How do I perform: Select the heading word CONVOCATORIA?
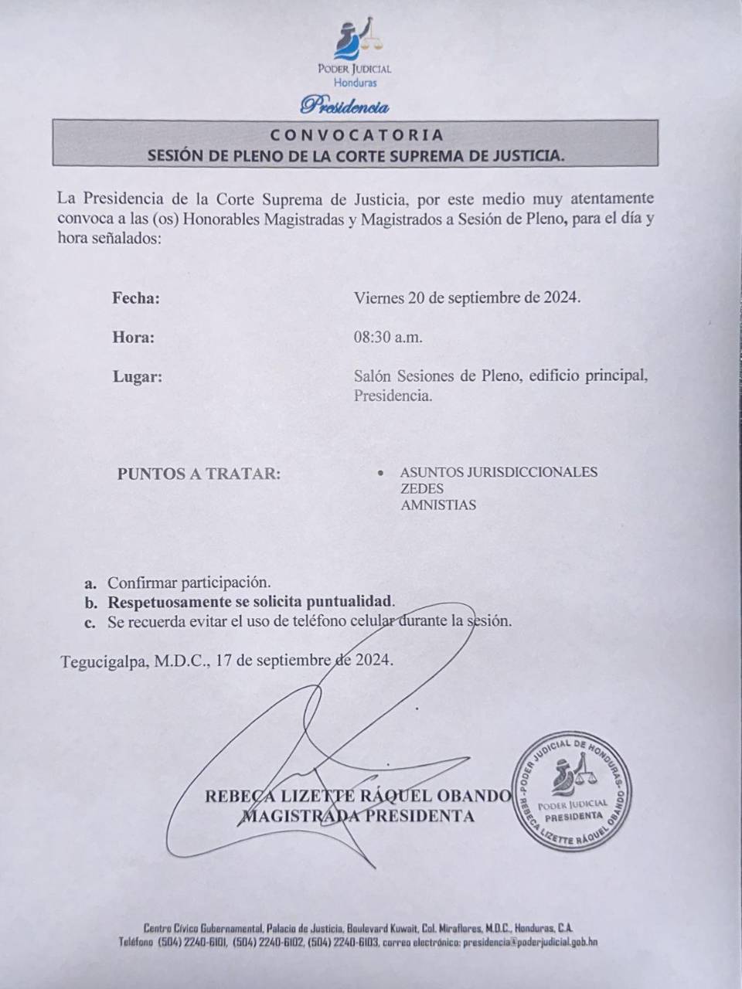[357, 135]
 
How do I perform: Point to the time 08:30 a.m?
[388, 338]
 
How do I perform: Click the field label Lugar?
[137, 378]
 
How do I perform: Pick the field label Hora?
[133, 338]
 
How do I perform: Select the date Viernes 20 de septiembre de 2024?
[467, 297]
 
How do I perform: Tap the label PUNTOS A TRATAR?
[199, 474]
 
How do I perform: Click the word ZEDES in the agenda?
[422, 489]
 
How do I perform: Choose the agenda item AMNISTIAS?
[438, 506]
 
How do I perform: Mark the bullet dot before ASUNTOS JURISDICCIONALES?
[380, 472]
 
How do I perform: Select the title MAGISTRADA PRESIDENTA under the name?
[358, 816]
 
